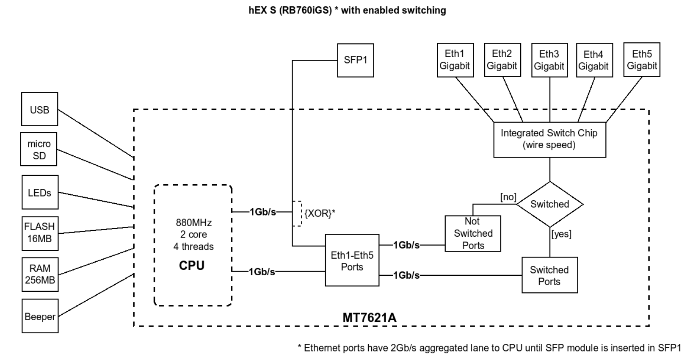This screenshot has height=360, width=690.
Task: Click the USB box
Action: point(39,109)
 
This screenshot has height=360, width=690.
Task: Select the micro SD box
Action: point(39,150)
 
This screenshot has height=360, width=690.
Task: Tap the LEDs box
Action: point(40,193)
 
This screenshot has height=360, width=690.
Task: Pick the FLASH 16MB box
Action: point(40,233)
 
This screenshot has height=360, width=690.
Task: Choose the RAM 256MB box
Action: point(40,274)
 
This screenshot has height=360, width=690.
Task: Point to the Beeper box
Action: point(40,316)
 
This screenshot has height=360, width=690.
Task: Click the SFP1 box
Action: point(355,60)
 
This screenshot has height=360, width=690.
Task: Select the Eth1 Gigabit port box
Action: point(455,60)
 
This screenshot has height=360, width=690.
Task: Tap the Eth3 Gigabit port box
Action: point(549,60)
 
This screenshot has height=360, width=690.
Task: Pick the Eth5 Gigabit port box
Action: point(642,60)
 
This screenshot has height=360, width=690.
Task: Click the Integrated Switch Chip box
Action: point(549,139)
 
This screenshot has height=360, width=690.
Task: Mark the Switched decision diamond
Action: point(549,204)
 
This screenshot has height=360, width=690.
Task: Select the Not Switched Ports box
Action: point(472,233)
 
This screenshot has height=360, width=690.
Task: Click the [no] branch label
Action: point(508,197)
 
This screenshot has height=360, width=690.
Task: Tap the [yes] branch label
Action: point(561,234)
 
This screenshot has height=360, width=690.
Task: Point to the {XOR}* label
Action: point(320,213)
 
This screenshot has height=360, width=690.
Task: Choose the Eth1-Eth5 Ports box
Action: point(352,260)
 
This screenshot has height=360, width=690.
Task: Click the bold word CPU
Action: point(192,266)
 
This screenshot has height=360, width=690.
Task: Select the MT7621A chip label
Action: point(369,317)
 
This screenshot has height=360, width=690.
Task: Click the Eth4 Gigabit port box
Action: point(594,60)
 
